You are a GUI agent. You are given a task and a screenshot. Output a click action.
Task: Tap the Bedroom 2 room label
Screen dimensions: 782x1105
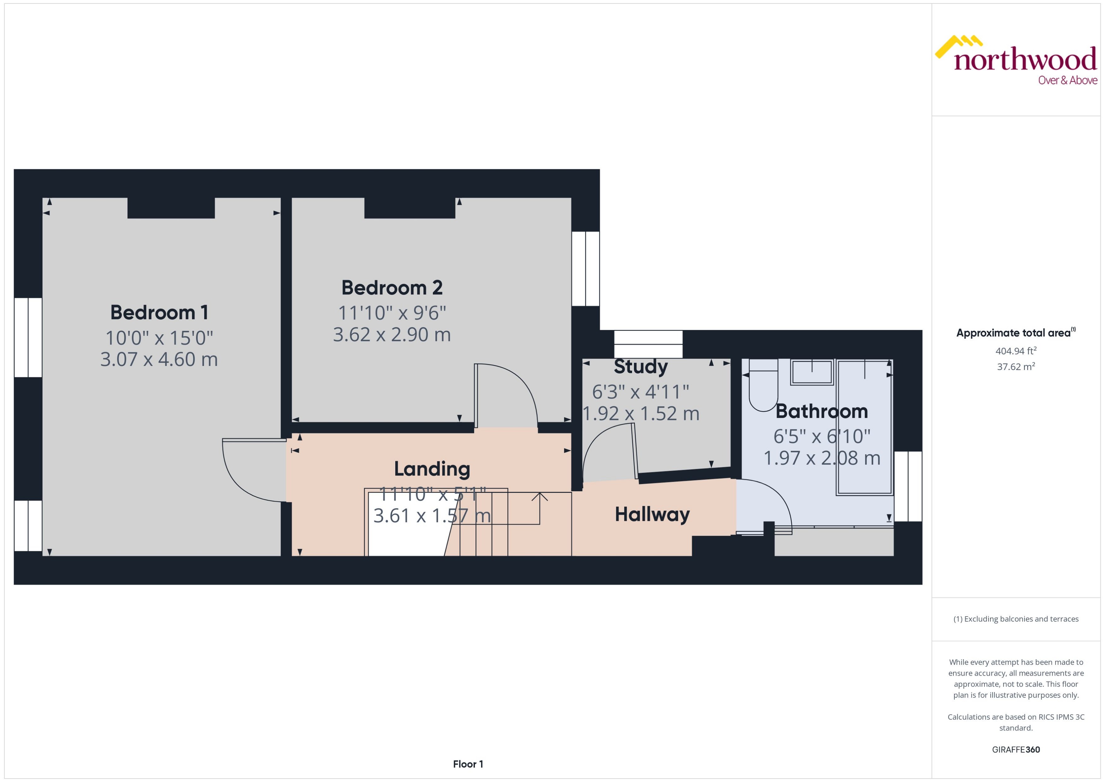coord(391,288)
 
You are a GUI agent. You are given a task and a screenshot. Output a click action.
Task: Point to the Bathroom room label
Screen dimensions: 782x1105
coord(821,411)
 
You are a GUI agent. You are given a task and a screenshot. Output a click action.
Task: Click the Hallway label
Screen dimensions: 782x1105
coord(652,514)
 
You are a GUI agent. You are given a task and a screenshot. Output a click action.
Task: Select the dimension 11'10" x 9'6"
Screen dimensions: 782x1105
coord(391,313)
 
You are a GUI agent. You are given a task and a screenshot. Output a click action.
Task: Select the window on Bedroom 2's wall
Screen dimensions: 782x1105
coord(585,269)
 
